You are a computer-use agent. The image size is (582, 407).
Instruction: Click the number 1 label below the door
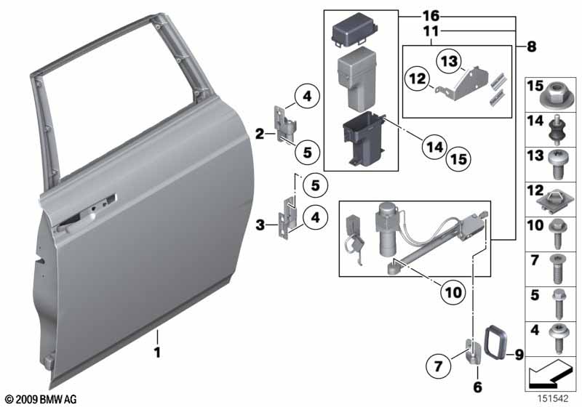point(157,352)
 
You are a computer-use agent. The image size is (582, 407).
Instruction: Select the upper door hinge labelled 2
point(283,124)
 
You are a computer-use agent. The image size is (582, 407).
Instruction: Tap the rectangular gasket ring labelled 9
point(495,342)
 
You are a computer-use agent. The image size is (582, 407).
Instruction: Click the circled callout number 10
point(453,293)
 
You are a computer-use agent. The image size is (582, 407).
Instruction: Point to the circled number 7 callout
point(439,366)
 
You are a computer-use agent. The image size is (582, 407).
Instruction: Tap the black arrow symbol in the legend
point(549,374)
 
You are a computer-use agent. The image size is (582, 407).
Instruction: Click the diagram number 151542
point(554,399)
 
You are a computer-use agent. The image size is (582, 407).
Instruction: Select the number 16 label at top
point(431,16)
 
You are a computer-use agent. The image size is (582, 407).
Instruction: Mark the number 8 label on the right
point(532,47)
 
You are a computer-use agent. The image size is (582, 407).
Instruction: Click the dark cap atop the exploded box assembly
point(354,32)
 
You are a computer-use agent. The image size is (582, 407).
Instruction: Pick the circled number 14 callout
point(434,147)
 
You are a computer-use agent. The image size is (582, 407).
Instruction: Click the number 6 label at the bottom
point(478,387)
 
